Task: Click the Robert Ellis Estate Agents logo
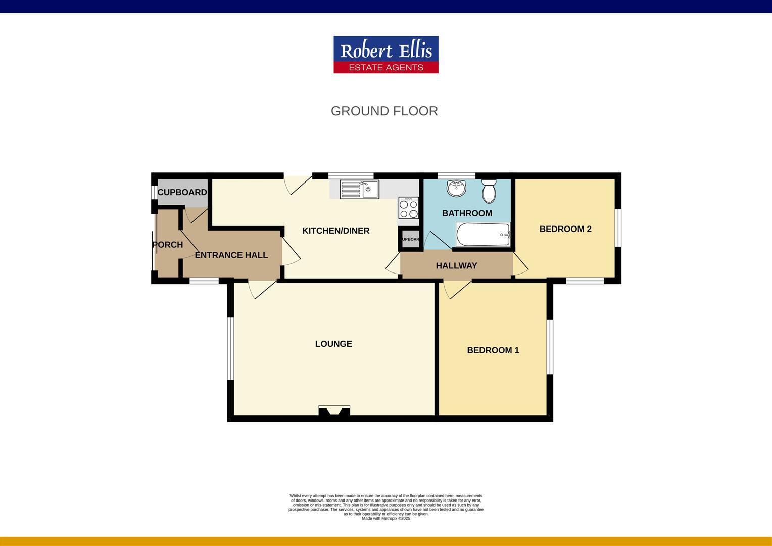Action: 385,55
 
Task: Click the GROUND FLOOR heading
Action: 384,111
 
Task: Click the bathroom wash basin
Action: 457,188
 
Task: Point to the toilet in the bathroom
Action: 489,190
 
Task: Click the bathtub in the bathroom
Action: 483,235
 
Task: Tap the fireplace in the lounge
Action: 334,411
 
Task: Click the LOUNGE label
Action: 333,344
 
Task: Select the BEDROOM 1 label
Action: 493,350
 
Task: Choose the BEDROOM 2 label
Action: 565,229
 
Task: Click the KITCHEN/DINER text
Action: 335,231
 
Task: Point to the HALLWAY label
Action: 456,265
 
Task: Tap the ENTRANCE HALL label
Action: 231,255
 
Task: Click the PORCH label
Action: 167,245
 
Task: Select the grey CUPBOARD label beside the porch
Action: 182,192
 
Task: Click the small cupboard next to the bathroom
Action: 410,239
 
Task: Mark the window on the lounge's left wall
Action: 230,348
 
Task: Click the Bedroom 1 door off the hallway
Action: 455,289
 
